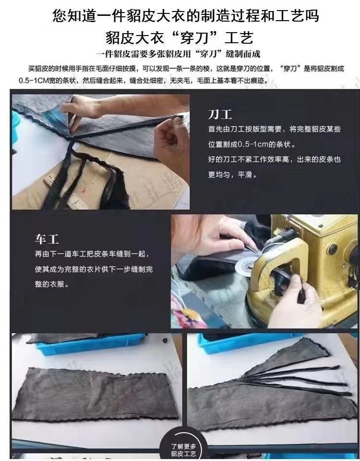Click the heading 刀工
point(220,114)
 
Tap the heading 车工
point(47,239)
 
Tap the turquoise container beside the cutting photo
point(15,125)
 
